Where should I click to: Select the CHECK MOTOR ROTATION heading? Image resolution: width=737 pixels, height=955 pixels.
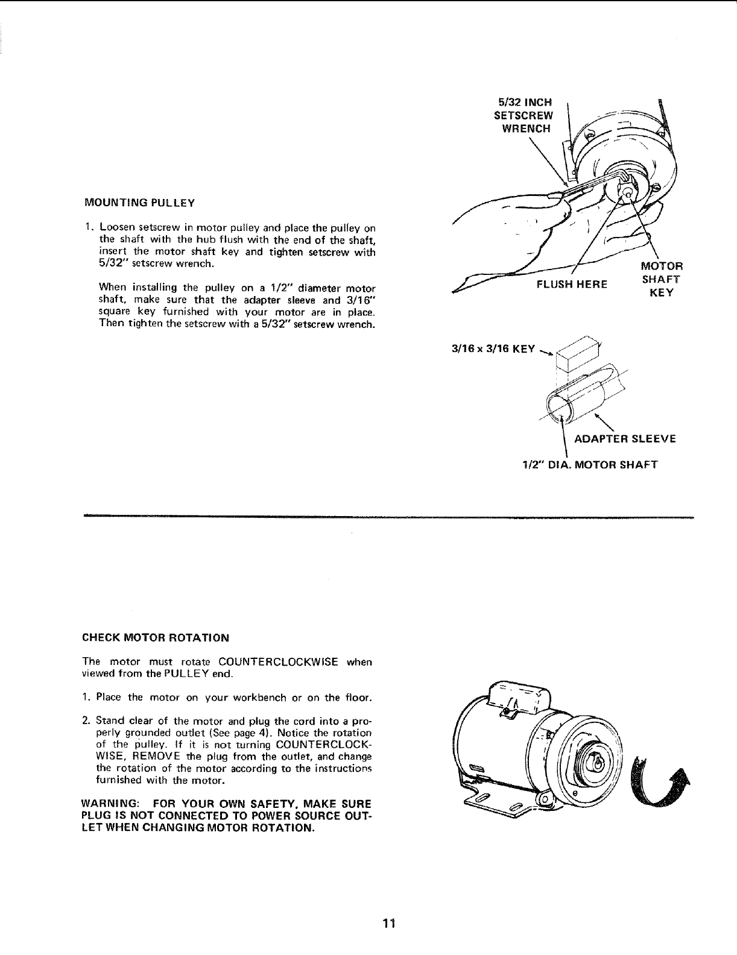point(155,638)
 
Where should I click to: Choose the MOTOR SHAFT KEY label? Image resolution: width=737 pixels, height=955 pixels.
point(661,279)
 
